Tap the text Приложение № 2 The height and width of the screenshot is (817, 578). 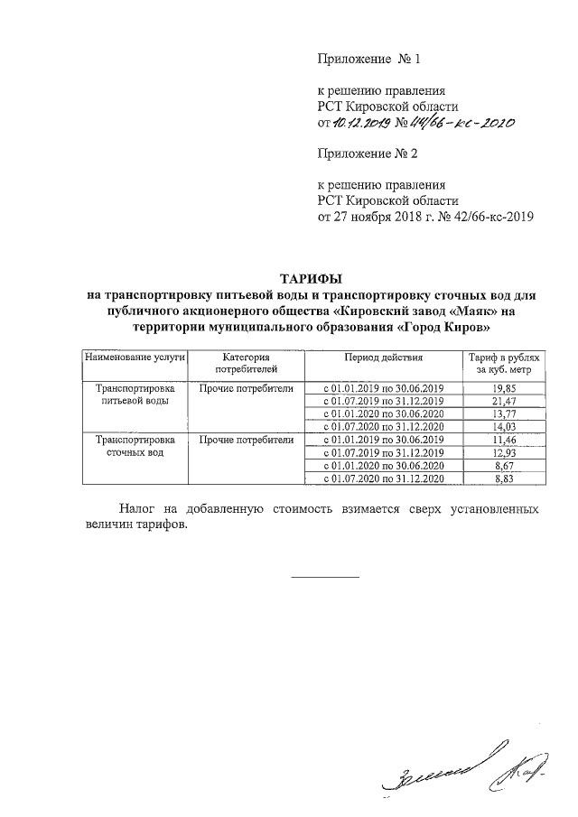coord(366,154)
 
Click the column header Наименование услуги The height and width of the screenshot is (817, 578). coord(135,357)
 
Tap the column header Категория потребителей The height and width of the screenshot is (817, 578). coord(247,364)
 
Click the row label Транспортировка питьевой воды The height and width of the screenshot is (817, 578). coord(135,395)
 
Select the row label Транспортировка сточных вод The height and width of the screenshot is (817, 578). coord(135,445)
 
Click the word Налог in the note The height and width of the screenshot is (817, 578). coord(141,510)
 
